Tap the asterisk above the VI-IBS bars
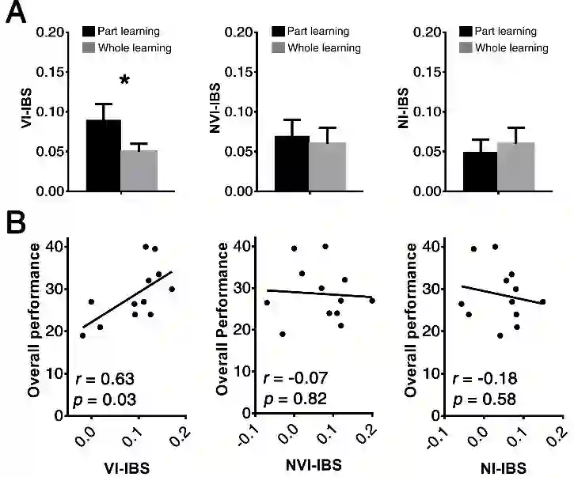[124, 81]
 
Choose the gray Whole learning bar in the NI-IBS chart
[515, 166]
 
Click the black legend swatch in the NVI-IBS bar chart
[278, 32]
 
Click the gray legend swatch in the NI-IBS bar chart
[466, 48]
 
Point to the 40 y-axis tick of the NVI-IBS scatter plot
[245, 247]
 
